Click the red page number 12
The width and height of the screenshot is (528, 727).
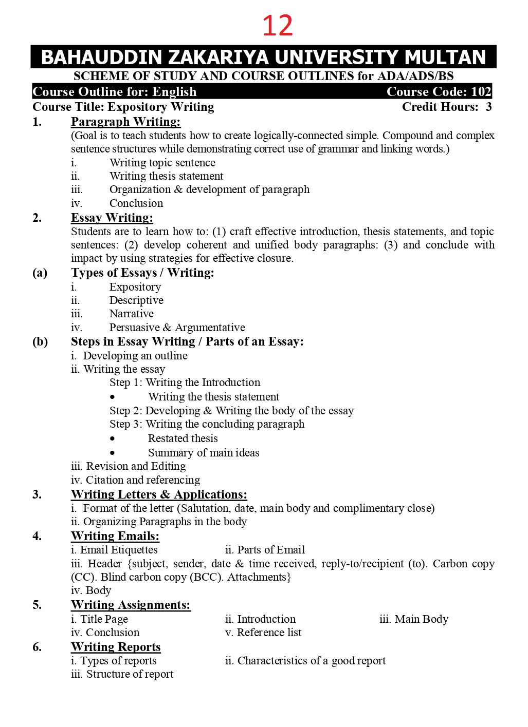click(x=278, y=25)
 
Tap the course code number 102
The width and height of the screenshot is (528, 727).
click(x=481, y=92)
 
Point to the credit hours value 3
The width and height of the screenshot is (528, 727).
click(x=488, y=107)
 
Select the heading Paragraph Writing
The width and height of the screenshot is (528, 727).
click(x=125, y=122)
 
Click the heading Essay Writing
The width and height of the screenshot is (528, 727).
click(x=112, y=218)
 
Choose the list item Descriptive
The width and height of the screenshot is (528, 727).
click(x=136, y=300)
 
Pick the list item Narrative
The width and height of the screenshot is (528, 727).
click(x=131, y=314)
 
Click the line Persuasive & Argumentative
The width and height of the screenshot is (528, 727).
click(x=177, y=328)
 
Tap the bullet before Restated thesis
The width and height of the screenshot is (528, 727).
click(x=113, y=439)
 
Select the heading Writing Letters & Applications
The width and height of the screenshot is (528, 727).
click(x=159, y=494)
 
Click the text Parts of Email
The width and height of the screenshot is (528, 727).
click(x=271, y=550)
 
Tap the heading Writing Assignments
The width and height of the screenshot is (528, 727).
click(x=131, y=605)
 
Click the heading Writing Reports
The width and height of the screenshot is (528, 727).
click(x=116, y=647)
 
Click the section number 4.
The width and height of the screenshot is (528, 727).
click(x=37, y=536)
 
